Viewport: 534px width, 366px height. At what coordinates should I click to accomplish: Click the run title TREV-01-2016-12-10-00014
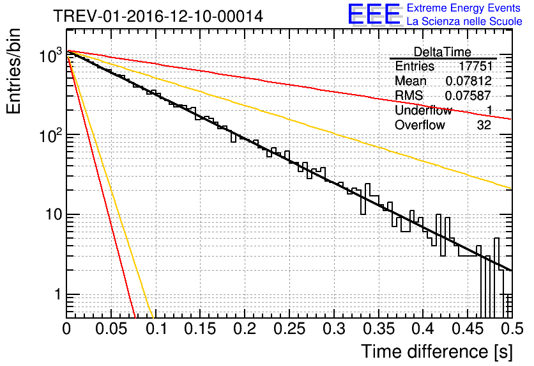[158, 17]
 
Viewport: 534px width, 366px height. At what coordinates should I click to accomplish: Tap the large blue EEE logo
[374, 15]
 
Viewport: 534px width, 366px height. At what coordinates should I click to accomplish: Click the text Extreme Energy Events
[464, 8]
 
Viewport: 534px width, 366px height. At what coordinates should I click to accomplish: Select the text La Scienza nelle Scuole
[464, 22]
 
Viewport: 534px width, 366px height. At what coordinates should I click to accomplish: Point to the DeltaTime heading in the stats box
[442, 52]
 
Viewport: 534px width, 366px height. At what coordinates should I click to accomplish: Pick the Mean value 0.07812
[468, 81]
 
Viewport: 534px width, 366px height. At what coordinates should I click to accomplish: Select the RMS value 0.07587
[468, 96]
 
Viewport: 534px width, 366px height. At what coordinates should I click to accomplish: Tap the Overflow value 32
[484, 125]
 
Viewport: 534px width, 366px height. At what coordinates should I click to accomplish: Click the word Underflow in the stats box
[423, 111]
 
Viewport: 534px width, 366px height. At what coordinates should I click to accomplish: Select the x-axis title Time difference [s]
[436, 351]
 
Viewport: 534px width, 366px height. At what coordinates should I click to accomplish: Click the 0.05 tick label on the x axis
[111, 329]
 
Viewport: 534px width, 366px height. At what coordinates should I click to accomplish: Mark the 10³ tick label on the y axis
[51, 55]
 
